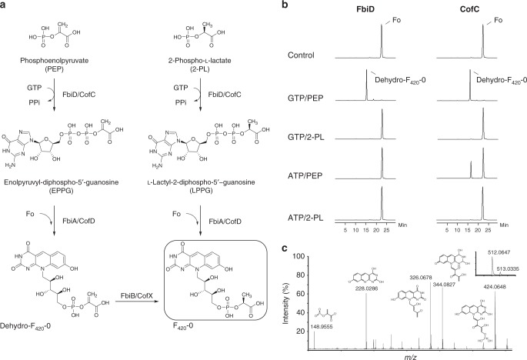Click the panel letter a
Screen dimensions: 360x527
(x=5, y=5)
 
